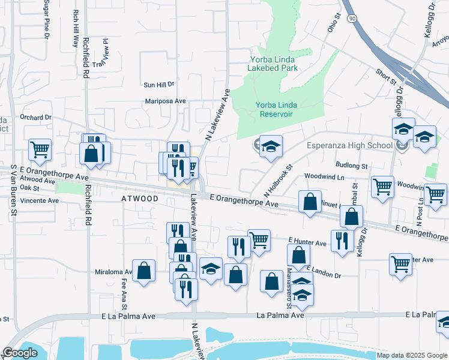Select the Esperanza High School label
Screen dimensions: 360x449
[349, 145]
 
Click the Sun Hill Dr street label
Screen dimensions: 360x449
[158, 85]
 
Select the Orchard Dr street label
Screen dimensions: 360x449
[36, 118]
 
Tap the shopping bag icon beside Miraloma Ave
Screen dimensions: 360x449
[144, 271]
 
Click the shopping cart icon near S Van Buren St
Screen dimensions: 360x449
[40, 150]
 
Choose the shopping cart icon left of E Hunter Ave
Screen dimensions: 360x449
[259, 241]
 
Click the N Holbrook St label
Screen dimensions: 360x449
[278, 181]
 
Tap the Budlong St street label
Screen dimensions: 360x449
[352, 165]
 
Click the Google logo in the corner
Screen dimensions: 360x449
[20, 353]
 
